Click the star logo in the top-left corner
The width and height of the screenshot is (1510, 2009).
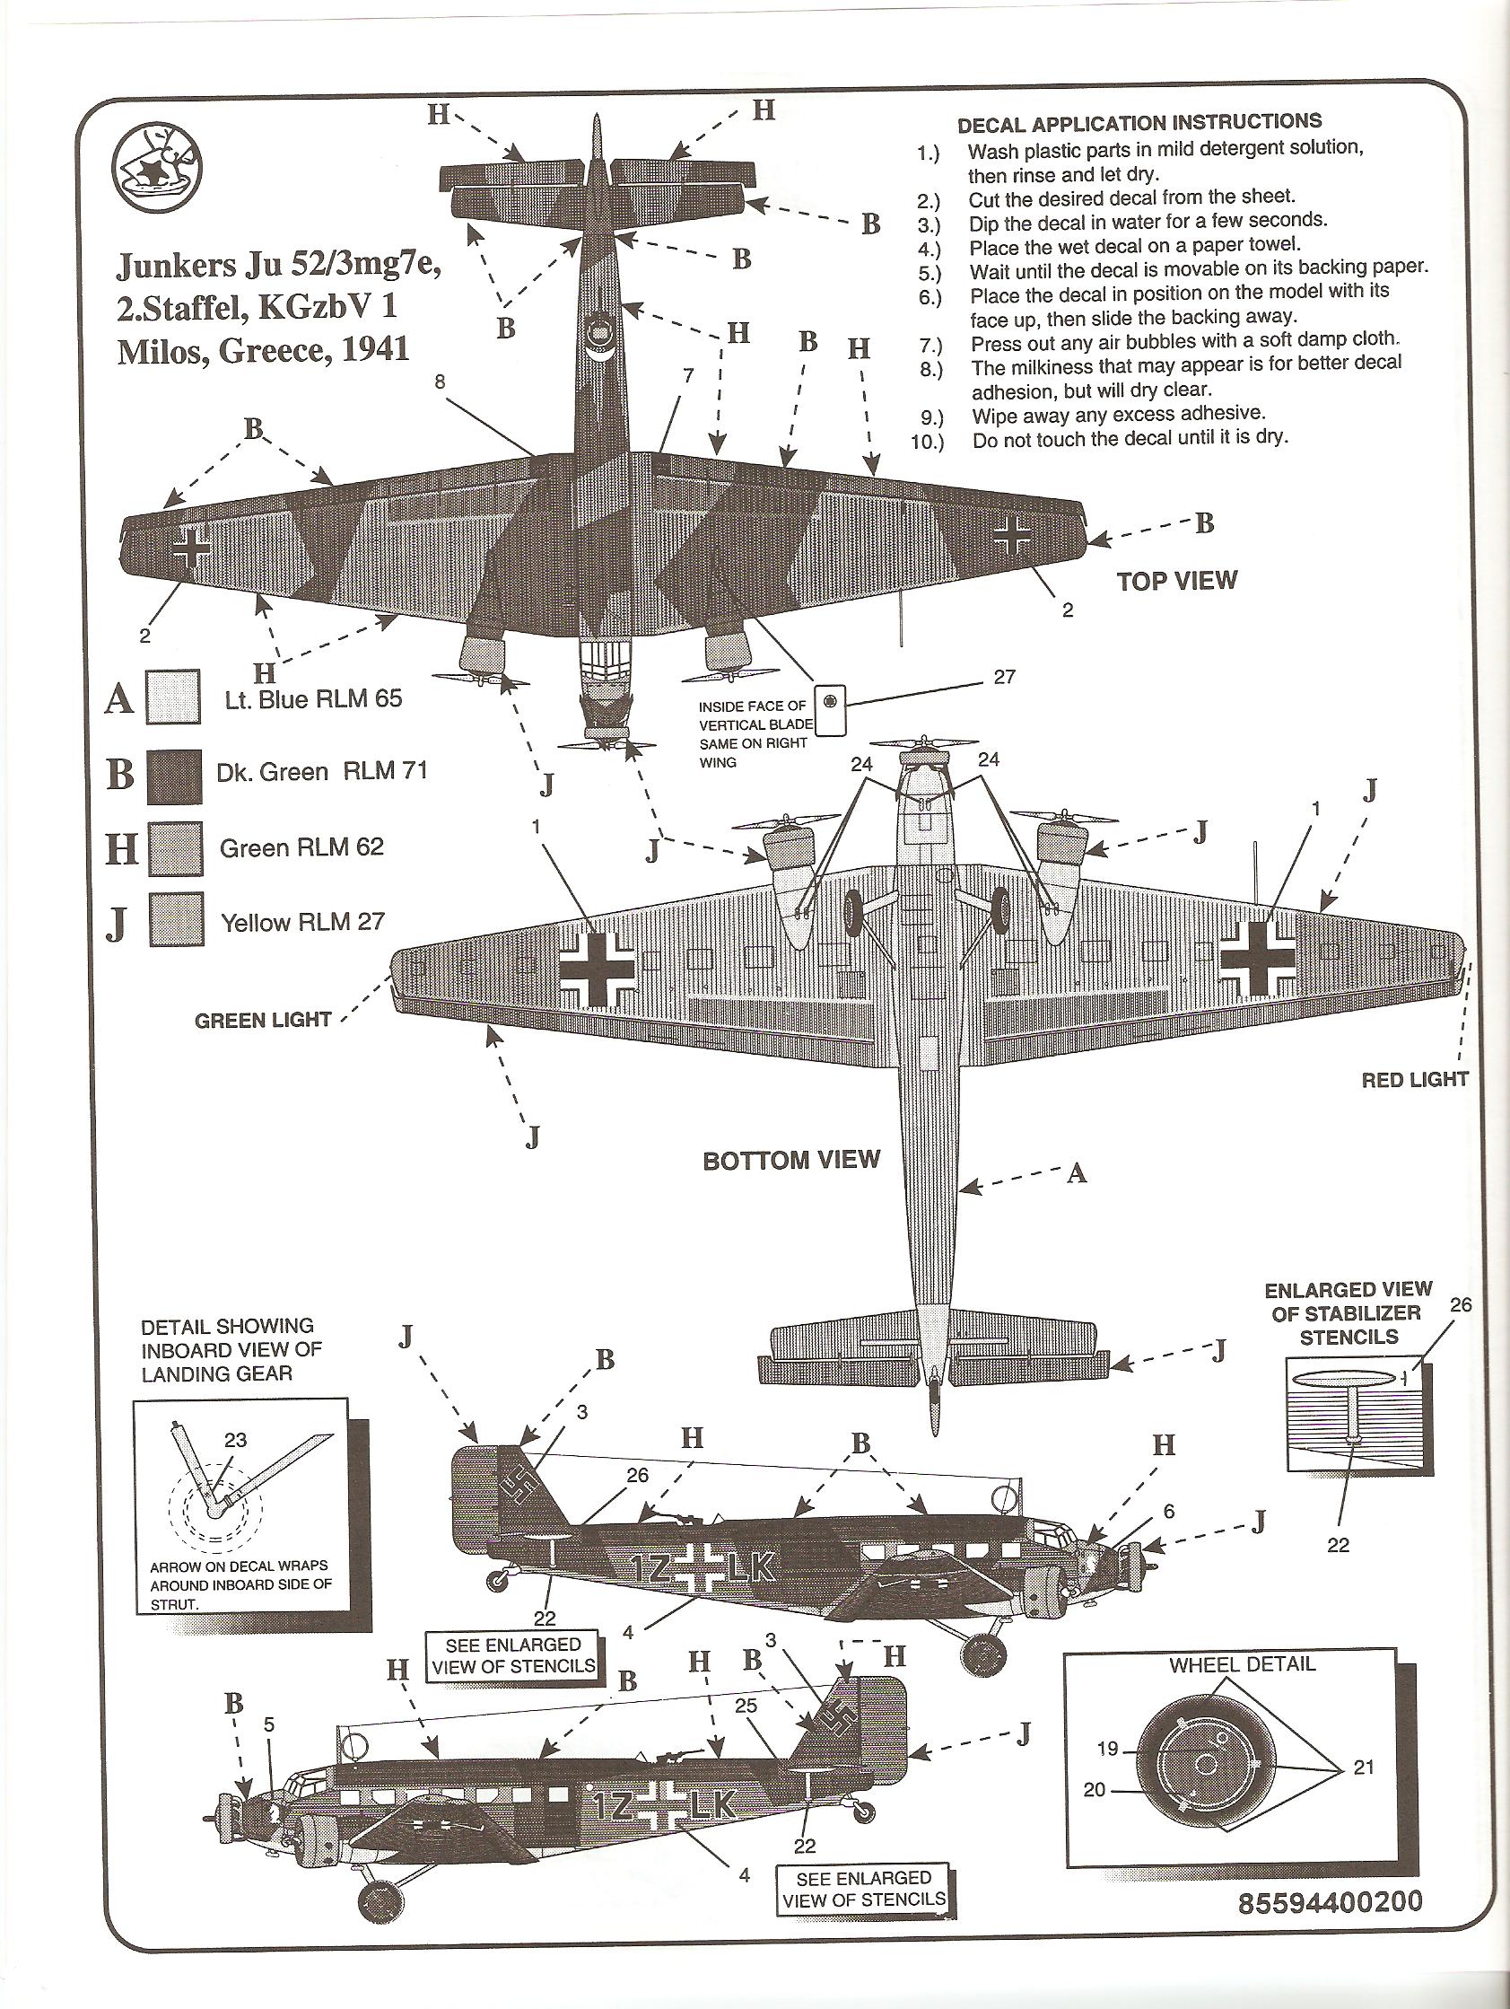[156, 166]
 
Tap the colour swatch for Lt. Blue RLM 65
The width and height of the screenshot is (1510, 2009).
[173, 697]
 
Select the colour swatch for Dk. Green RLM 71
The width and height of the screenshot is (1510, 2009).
[173, 774]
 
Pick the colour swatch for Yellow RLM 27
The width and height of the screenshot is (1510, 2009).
[175, 921]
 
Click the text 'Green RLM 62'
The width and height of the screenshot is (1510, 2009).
[301, 847]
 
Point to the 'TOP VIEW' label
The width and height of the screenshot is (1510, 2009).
[1177, 581]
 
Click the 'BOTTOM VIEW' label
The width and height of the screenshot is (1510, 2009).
[790, 1160]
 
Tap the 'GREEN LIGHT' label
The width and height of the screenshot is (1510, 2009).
[262, 1020]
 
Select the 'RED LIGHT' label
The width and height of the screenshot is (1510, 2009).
[1415, 1079]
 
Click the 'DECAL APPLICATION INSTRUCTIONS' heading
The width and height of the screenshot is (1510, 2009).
[1139, 123]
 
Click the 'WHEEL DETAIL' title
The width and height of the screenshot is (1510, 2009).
[1241, 1664]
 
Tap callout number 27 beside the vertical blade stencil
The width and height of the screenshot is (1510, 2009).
[1004, 677]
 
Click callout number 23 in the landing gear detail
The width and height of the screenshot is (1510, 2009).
[235, 1439]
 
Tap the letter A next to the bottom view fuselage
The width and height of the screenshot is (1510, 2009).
[1077, 1173]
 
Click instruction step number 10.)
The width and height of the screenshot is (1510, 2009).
[926, 442]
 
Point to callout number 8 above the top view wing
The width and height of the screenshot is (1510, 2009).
[440, 382]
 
